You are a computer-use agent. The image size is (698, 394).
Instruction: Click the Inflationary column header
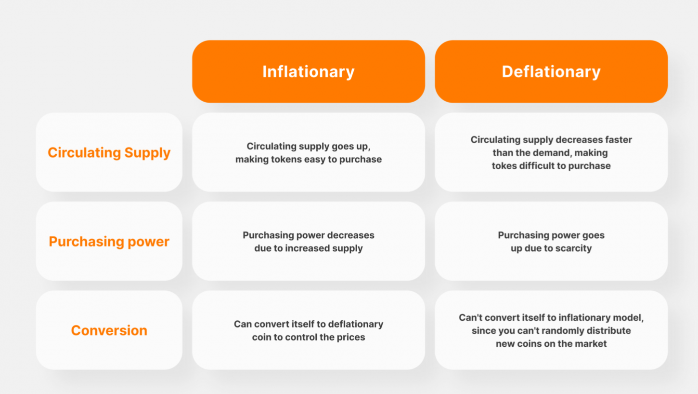coord(309,71)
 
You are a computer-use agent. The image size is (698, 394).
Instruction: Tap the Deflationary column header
coord(551,71)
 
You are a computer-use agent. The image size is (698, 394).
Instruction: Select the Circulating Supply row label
coord(109,153)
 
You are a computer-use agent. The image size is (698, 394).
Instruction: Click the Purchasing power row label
coord(109,242)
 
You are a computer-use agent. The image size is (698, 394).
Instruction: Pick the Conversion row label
coord(109,330)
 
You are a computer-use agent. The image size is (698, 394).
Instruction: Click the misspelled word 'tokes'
coord(504,166)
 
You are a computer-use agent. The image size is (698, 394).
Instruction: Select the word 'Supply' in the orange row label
coord(147,153)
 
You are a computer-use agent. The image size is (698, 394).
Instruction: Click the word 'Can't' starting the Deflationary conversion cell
coord(470,317)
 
